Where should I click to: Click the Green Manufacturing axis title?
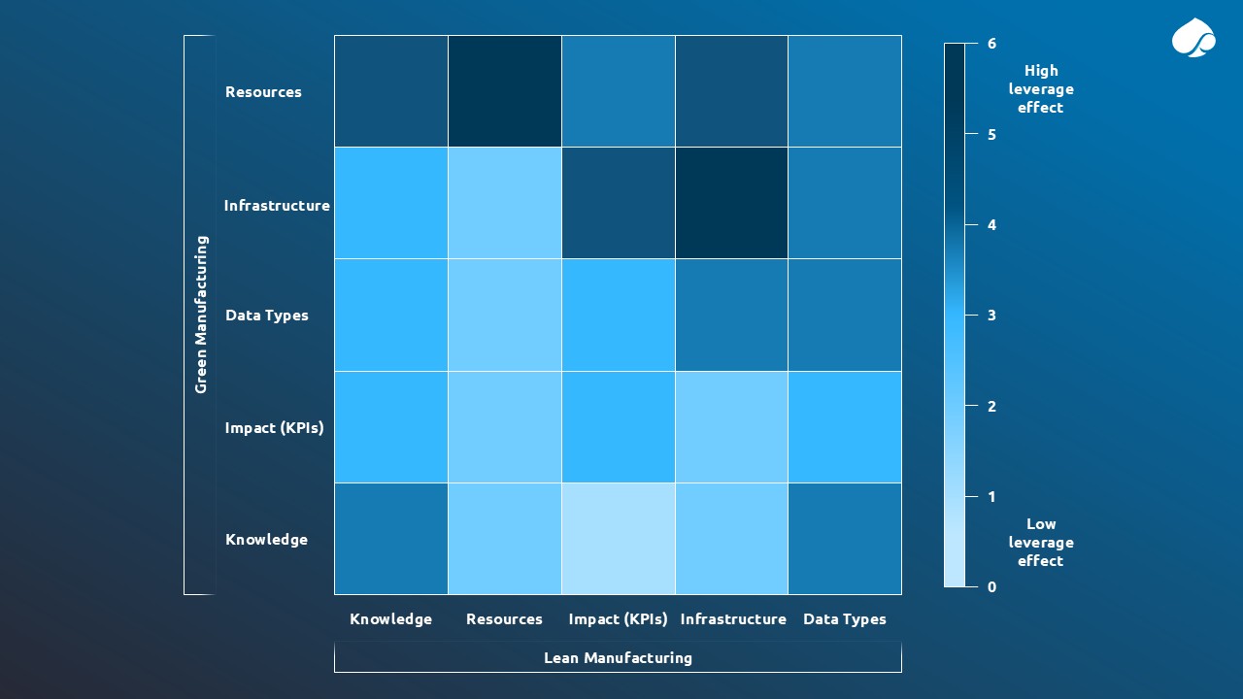pos(201,315)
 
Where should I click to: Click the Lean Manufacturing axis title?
pos(618,658)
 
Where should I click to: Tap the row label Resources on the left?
pos(263,92)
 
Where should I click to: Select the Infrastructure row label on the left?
pos(277,206)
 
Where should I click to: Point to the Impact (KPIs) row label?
pos(274,428)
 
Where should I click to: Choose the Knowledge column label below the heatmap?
pos(390,619)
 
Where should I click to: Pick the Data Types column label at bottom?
pos(844,619)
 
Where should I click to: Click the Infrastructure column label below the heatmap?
pos(733,619)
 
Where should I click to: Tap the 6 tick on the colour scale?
pos(991,44)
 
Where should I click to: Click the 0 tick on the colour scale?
pos(991,587)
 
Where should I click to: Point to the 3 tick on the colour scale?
pos(991,316)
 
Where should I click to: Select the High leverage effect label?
pos(1040,89)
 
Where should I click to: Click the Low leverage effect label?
pos(1040,543)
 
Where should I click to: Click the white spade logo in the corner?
pos(1193,39)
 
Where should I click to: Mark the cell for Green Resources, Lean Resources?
pos(504,91)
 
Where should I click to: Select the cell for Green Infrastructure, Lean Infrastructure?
pos(731,203)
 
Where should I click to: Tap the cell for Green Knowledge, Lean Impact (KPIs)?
pos(618,539)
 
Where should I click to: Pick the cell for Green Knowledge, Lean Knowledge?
pos(391,539)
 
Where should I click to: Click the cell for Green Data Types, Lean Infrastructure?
pos(731,315)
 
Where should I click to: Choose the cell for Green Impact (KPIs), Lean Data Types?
pos(844,427)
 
